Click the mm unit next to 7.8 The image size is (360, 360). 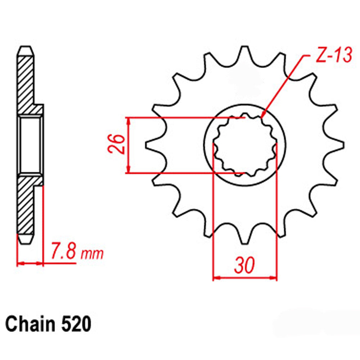point(92,254)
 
